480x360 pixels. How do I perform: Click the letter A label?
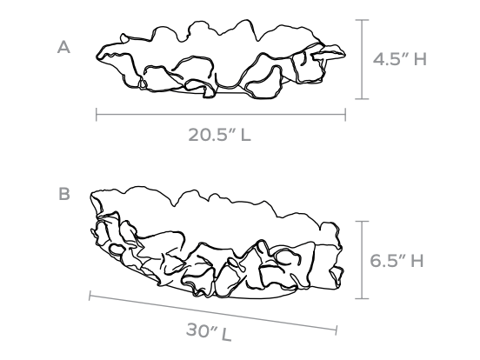[63, 48]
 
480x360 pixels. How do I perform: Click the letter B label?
[64, 194]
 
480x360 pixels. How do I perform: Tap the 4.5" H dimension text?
[399, 58]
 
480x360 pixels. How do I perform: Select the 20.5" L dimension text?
[219, 134]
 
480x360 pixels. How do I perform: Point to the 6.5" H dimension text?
[397, 261]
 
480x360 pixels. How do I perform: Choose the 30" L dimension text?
[209, 331]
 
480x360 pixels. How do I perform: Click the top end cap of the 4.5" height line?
[362, 20]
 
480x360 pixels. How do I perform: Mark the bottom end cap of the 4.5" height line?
[362, 99]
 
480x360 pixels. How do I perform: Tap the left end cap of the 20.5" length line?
[97, 115]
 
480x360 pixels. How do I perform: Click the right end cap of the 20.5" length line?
[345, 115]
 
